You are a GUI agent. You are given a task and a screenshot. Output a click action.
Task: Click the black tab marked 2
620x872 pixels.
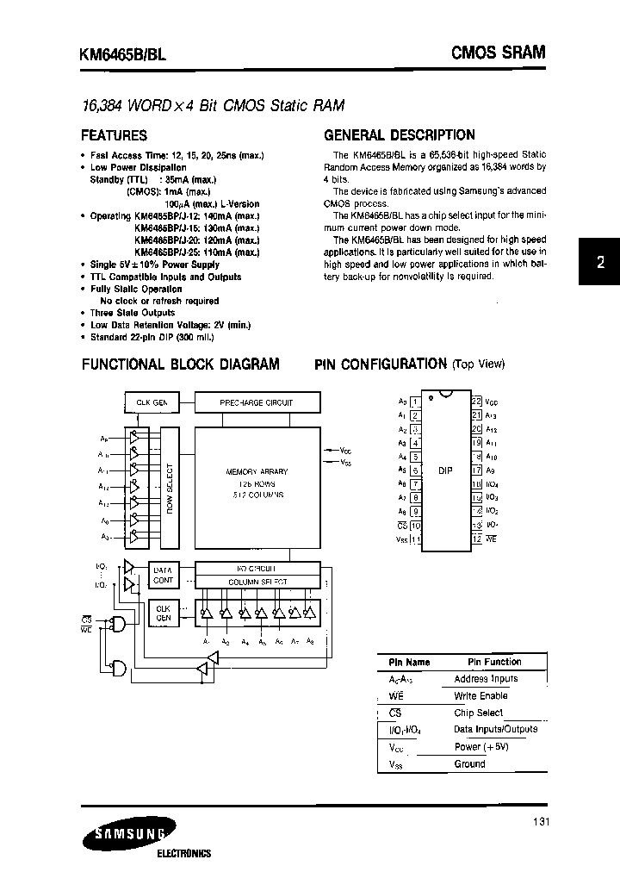[x=601, y=265]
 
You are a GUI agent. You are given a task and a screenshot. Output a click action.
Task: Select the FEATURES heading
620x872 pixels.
[x=114, y=135]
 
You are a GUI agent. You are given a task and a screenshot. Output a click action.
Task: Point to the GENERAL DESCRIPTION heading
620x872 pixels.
[x=399, y=135]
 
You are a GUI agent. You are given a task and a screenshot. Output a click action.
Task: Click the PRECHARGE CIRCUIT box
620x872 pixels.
[x=257, y=402]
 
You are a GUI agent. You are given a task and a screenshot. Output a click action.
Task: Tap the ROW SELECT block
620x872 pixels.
[x=168, y=488]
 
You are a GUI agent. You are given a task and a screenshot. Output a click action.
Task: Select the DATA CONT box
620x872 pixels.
[x=163, y=575]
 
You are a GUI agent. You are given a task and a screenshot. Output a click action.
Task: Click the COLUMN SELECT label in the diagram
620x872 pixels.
[x=257, y=582]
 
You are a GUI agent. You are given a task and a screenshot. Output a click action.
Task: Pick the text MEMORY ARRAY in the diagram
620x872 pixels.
[x=257, y=472]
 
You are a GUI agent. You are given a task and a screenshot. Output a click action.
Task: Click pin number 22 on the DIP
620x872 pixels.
[x=476, y=401]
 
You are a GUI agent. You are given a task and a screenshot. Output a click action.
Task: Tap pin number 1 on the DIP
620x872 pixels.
[x=415, y=401]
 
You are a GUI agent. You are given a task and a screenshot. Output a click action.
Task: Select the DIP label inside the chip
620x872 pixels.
[x=445, y=470]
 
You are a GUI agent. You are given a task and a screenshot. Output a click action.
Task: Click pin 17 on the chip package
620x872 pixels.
[x=476, y=470]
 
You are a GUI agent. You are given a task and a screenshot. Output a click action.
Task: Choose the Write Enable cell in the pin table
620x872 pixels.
[x=480, y=695]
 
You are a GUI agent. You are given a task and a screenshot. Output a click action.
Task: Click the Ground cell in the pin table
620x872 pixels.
[x=469, y=763]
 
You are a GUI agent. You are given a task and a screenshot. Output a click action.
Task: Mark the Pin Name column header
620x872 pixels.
[x=408, y=662]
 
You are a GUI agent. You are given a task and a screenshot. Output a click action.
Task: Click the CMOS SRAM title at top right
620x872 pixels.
[x=499, y=53]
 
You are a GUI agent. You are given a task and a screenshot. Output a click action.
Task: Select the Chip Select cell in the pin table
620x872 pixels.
[x=478, y=713]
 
